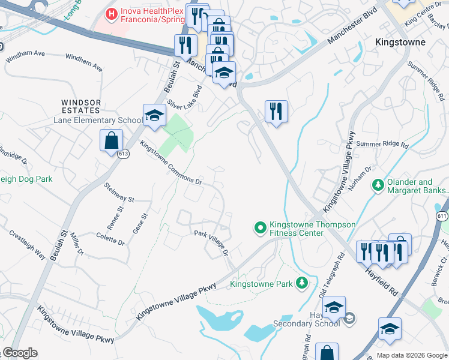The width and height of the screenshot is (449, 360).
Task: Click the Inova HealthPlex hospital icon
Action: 111,13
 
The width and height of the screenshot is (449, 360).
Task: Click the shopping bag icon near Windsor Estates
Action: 112,141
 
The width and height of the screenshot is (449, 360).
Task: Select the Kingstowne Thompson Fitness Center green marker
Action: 260,227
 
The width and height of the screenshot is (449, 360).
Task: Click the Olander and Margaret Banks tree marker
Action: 378,185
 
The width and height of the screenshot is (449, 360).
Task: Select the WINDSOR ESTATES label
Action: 80,106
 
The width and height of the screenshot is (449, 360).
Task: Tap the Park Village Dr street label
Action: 211,241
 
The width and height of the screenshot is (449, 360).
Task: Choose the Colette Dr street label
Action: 110,238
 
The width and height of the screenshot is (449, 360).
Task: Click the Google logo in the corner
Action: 19,353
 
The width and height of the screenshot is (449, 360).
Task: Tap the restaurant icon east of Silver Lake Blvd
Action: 276,112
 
